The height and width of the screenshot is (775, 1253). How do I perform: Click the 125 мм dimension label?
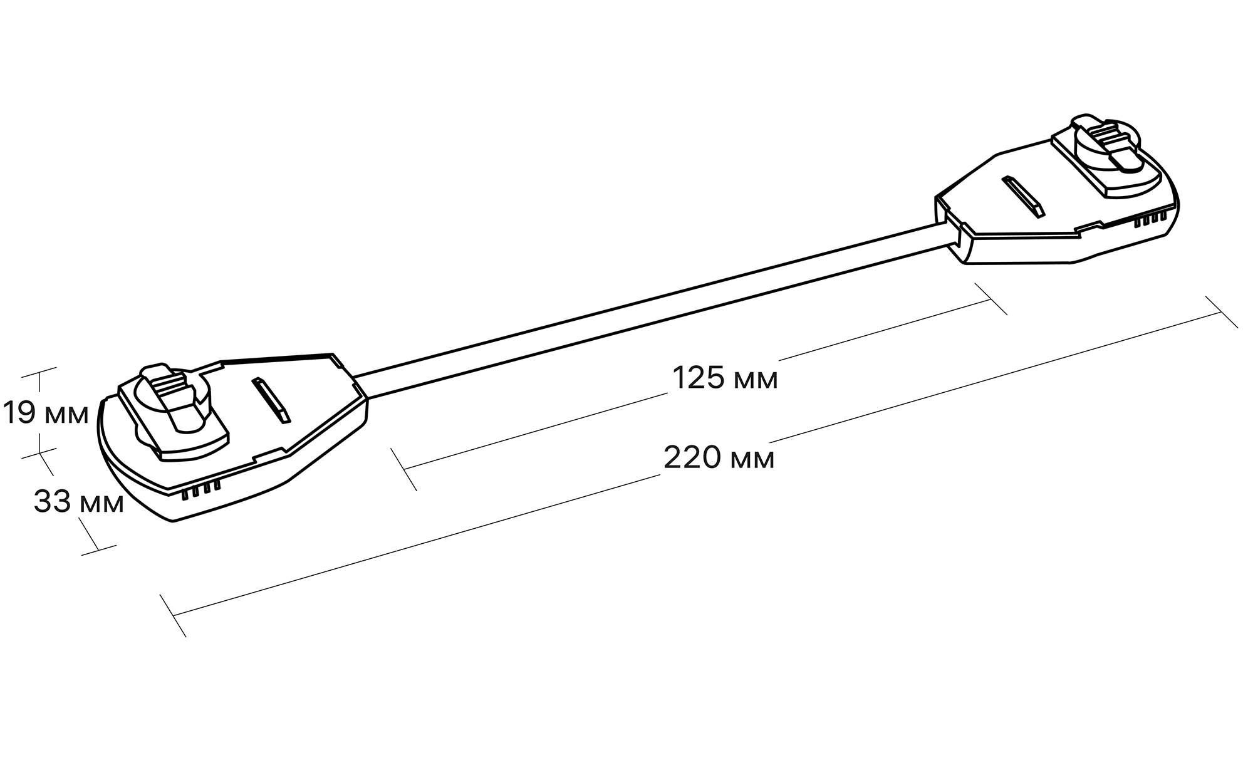(x=725, y=378)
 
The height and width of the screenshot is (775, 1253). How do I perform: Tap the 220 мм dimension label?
(x=719, y=458)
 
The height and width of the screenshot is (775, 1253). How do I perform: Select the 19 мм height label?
(x=46, y=413)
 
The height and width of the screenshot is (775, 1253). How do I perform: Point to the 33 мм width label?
(x=79, y=502)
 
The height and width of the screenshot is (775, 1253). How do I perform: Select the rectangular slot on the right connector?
(x=1022, y=197)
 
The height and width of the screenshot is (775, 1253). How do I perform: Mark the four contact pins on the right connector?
(x=1152, y=219)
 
